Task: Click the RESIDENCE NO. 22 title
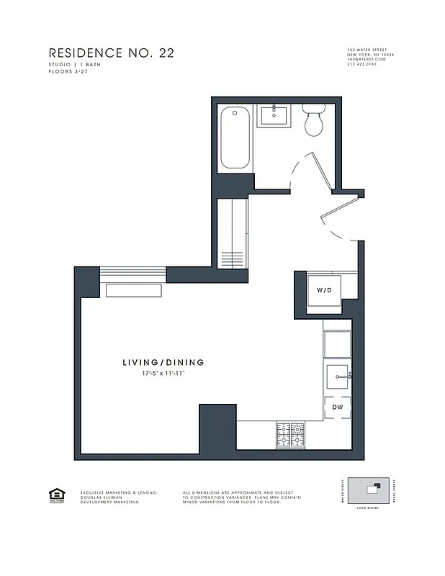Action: pyautogui.click(x=111, y=53)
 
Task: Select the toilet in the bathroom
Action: pyautogui.click(x=313, y=122)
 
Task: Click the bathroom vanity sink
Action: pyautogui.click(x=274, y=114)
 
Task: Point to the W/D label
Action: pyautogui.click(x=324, y=291)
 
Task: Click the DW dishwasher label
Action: pyautogui.click(x=337, y=408)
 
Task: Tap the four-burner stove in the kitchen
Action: pyautogui.click(x=290, y=433)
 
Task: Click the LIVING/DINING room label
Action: pyautogui.click(x=163, y=362)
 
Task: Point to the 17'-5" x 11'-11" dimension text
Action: pyautogui.click(x=163, y=374)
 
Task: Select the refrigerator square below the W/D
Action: pyautogui.click(x=336, y=344)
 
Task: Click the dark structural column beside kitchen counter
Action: pyautogui.click(x=217, y=428)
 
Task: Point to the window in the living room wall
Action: pyautogui.click(x=132, y=274)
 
